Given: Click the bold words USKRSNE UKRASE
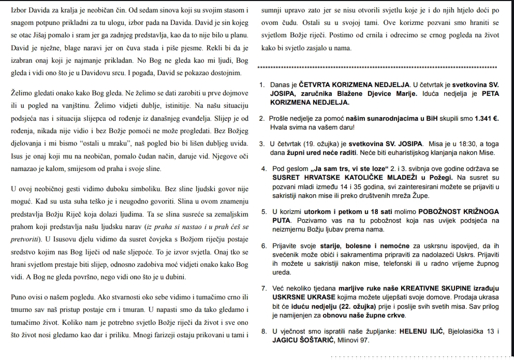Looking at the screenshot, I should [301, 297].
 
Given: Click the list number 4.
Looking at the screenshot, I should [264, 169].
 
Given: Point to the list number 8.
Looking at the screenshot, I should [264, 332].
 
